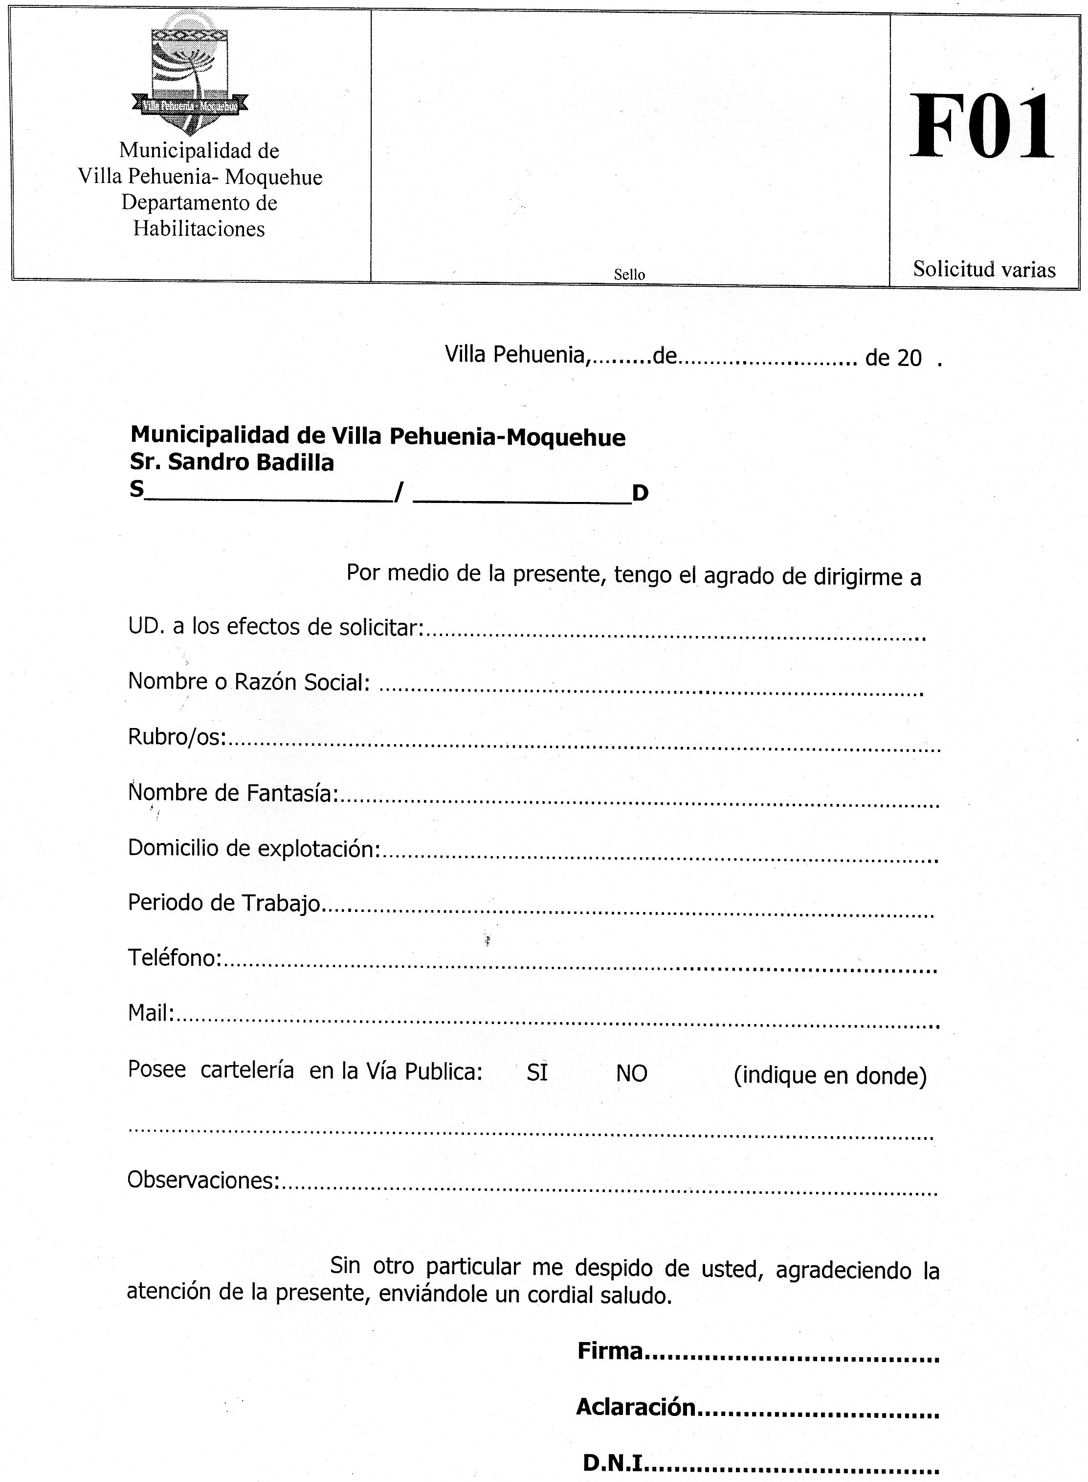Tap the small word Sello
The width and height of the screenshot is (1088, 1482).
(x=629, y=274)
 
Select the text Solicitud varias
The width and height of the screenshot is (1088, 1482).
(x=983, y=270)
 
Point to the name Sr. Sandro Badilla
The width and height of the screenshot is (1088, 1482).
(x=232, y=462)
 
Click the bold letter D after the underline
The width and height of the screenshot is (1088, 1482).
(x=640, y=492)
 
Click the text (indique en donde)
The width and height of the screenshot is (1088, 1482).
(x=829, y=1076)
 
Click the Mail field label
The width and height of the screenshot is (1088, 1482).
(x=150, y=1013)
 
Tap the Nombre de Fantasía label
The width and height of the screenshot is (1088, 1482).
(x=232, y=793)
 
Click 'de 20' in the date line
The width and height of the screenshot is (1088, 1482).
(x=893, y=358)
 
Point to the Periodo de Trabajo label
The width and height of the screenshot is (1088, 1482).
(x=224, y=902)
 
